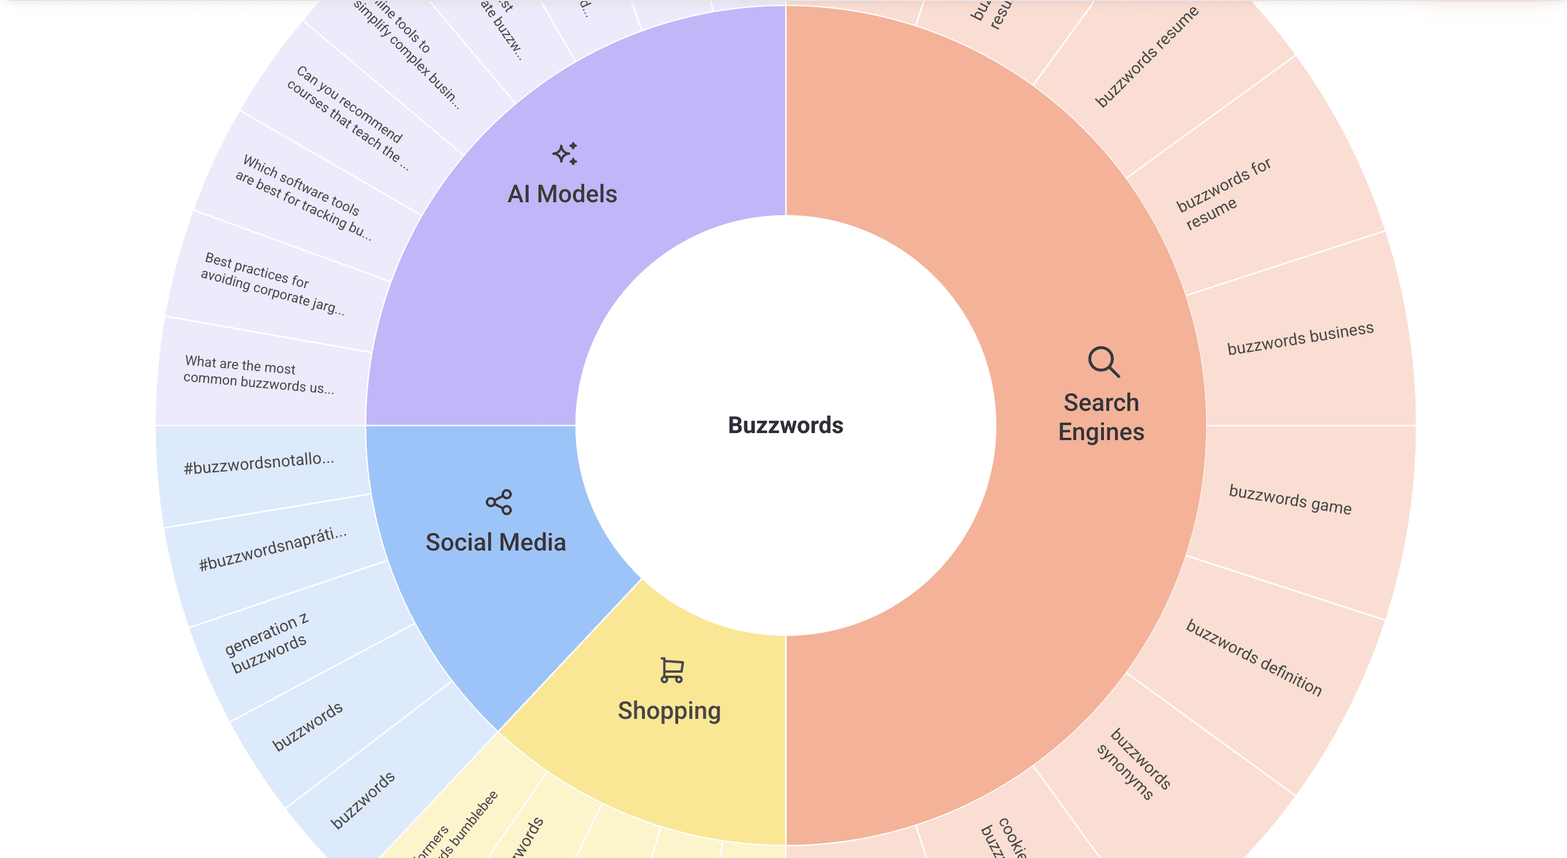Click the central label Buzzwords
click(785, 425)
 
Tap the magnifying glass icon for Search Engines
click(1103, 362)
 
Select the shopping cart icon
click(672, 670)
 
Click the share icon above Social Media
click(499, 502)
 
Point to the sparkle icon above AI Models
click(565, 154)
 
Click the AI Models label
click(562, 194)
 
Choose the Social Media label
click(496, 542)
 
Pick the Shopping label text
click(669, 710)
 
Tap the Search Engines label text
click(1101, 417)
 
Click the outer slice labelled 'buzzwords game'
click(1290, 499)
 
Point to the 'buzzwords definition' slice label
click(1254, 658)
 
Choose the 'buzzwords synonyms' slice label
click(1133, 764)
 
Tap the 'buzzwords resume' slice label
click(1146, 57)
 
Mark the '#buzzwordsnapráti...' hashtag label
click(272, 549)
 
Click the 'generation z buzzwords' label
click(266, 643)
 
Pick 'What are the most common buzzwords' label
click(258, 375)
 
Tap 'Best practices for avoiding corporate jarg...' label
click(272, 284)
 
